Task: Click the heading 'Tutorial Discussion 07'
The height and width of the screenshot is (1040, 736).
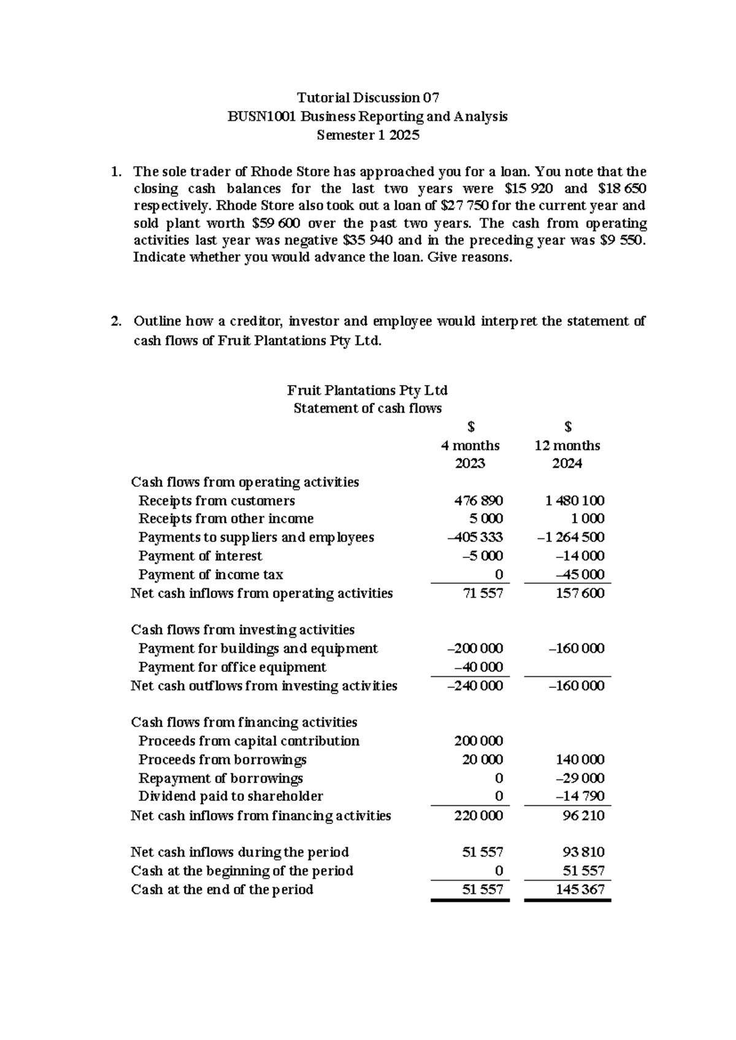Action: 368,97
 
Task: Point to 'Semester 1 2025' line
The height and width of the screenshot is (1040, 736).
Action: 368,136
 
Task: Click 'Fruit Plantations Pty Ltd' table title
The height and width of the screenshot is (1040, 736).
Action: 367,390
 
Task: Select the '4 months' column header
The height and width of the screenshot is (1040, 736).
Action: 470,445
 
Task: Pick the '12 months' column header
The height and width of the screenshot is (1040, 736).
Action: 567,445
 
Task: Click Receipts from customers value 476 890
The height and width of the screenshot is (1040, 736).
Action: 478,500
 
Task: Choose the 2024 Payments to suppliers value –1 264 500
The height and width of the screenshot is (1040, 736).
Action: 570,537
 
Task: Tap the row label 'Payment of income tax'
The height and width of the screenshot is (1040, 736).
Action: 210,575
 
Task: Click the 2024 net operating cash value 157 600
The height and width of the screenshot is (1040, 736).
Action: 580,593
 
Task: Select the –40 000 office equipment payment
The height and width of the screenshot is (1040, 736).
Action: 478,667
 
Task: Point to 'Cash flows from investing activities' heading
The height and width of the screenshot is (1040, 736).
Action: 243,630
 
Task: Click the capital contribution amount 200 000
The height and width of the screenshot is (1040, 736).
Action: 478,741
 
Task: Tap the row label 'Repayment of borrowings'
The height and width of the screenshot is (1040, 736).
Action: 220,778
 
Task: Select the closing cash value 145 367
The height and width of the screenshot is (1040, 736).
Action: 580,889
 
